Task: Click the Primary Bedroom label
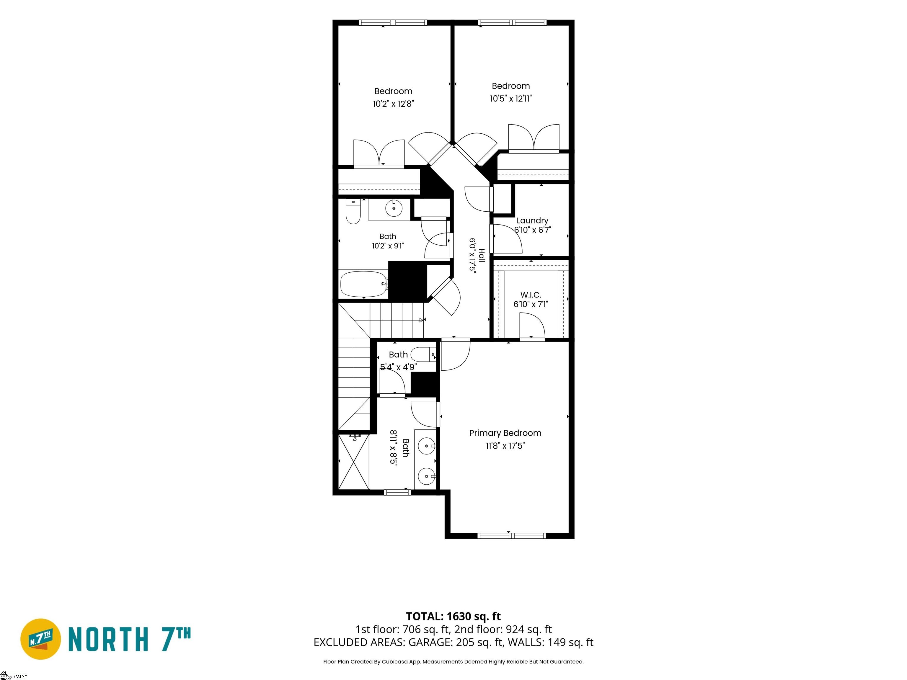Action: pos(505,433)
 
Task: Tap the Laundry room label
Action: pos(532,220)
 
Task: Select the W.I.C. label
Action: pos(531,295)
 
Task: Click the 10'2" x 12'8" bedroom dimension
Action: pos(393,104)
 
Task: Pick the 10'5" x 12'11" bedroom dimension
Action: pos(511,98)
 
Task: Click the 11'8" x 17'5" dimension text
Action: pos(505,446)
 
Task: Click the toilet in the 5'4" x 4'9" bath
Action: pos(423,354)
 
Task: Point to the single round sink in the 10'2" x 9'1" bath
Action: pos(394,208)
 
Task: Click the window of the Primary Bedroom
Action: pos(512,535)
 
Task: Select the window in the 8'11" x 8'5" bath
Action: pos(397,492)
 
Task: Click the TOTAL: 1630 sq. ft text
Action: pos(453,616)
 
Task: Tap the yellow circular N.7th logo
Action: pos(40,639)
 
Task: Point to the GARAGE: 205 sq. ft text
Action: pos(455,642)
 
